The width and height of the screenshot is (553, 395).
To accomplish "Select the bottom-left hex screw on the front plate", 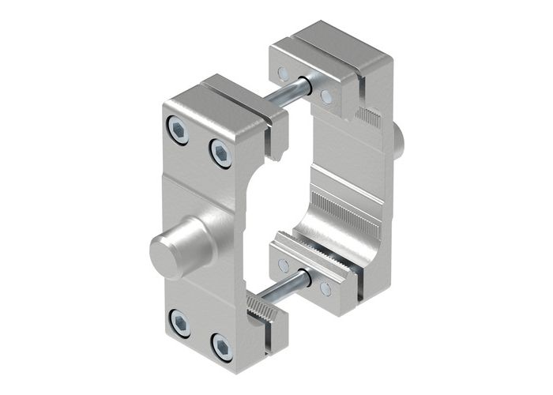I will tap(180, 322).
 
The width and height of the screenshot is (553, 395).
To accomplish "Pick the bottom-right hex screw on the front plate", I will tap(222, 346).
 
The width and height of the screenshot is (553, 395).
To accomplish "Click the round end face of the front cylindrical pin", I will tap(164, 252).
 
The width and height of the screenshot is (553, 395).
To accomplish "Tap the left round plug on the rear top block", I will tap(284, 73).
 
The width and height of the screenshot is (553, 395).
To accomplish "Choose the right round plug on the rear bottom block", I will tap(325, 289).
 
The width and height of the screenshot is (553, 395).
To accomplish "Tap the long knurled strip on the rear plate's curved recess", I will tap(348, 212).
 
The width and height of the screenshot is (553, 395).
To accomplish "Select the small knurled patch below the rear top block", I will tap(369, 119).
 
